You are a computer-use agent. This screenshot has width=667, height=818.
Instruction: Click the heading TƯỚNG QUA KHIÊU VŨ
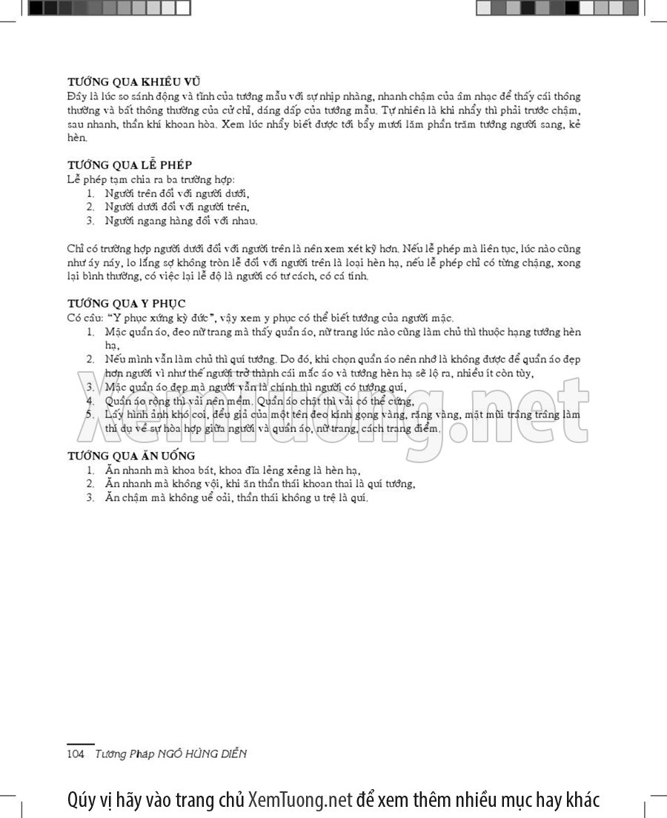pos(134,82)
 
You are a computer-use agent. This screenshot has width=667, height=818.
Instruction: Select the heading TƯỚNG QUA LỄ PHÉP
pos(130,164)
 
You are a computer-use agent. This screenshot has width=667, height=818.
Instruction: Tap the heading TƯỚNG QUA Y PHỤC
pos(126,303)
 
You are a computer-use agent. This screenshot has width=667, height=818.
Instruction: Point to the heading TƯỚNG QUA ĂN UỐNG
pos(131,455)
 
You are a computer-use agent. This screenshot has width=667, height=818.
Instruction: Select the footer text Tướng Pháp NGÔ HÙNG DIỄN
pos(170,754)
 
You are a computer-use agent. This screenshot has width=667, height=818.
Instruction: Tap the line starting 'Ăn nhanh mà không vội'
pos(259,484)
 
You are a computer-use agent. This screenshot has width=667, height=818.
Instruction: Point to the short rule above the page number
pos(81,743)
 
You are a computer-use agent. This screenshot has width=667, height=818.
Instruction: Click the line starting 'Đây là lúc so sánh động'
pos(323,96)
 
